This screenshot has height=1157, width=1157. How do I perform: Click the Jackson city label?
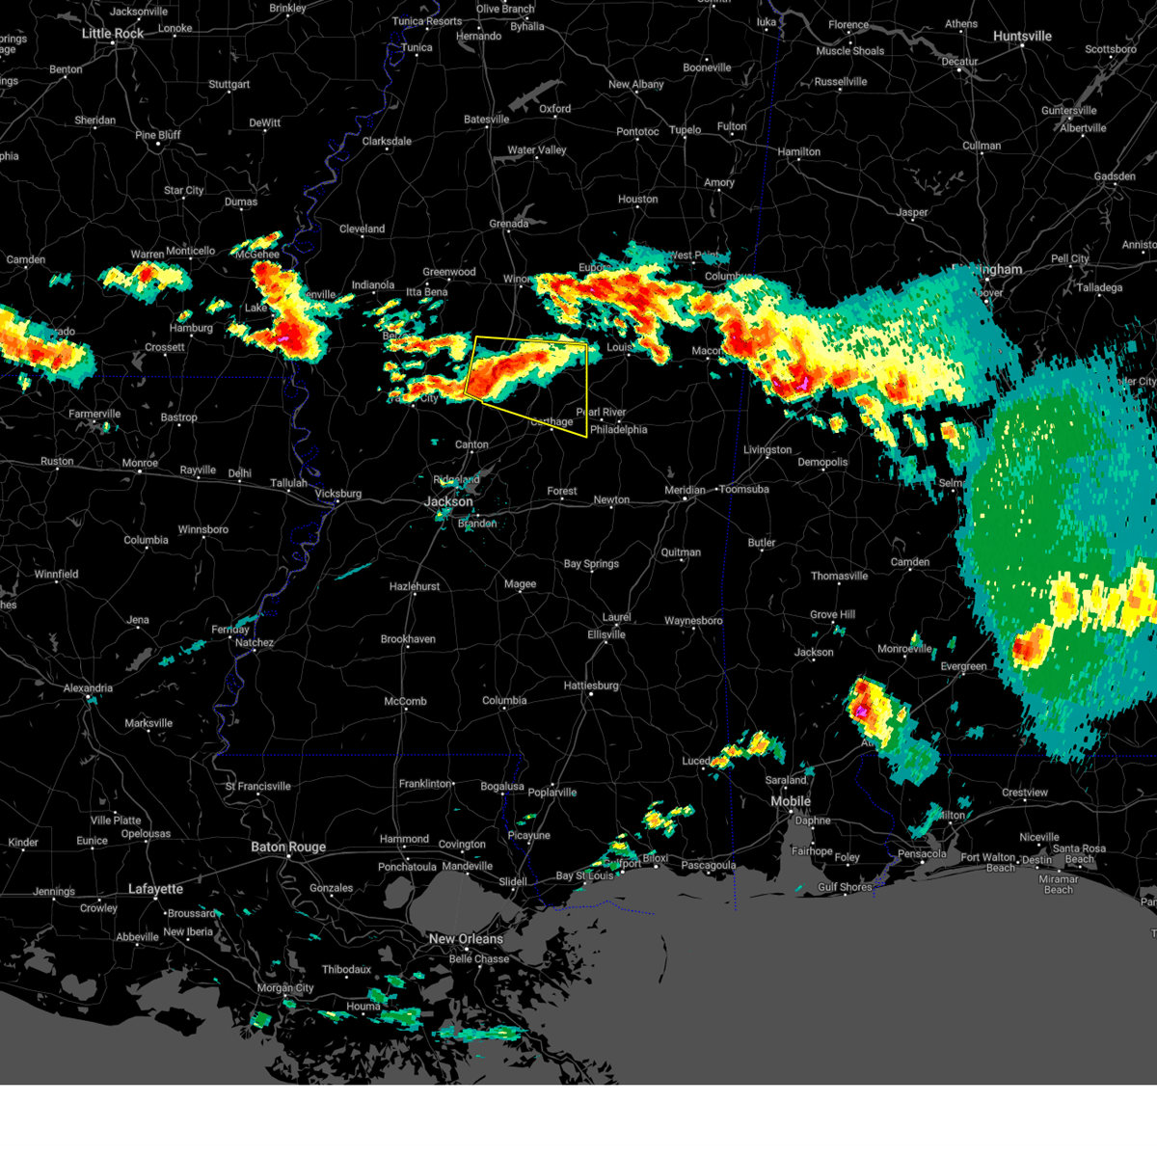(x=448, y=501)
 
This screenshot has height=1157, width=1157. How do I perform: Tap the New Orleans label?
(x=466, y=939)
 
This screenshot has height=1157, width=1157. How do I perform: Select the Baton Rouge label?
(x=288, y=848)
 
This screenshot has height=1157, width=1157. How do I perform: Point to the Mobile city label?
(x=791, y=802)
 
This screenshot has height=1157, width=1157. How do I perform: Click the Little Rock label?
(x=113, y=34)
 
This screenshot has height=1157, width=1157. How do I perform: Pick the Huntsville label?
(x=1022, y=37)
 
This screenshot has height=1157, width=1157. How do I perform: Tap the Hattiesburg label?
(x=591, y=686)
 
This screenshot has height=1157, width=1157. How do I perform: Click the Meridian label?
(x=685, y=491)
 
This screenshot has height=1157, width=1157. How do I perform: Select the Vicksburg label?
(x=338, y=495)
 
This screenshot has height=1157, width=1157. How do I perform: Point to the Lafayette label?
(x=155, y=889)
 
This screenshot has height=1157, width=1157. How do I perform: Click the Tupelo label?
(x=685, y=130)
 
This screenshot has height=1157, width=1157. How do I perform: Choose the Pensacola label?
(x=922, y=854)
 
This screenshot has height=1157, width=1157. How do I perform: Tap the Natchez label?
(x=255, y=643)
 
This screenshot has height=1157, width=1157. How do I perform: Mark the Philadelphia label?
(x=619, y=430)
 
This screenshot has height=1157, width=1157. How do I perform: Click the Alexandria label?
(x=88, y=688)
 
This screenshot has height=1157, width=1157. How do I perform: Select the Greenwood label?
(x=449, y=273)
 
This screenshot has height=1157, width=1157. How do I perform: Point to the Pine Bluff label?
(x=158, y=135)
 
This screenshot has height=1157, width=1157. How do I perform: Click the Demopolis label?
(x=822, y=463)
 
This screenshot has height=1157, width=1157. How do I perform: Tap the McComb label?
(x=405, y=702)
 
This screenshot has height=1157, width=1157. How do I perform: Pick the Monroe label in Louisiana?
(x=140, y=464)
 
